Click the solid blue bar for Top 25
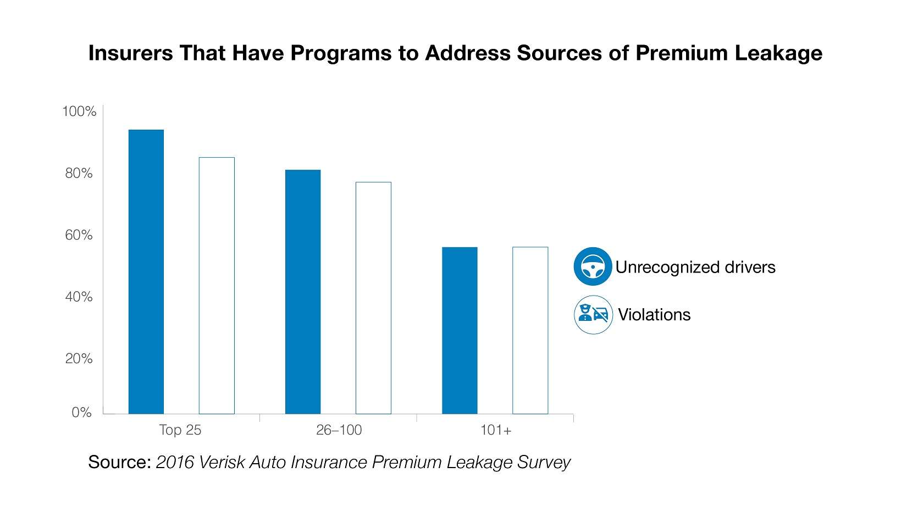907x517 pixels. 146,271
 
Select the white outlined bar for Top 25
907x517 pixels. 217,286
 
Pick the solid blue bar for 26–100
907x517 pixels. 303,292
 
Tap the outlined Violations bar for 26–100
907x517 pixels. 373,298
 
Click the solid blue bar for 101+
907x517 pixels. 460,330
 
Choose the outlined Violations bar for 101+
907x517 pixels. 530,330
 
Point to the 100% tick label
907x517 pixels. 79,112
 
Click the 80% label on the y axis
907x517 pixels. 79,174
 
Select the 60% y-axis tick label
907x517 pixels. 79,235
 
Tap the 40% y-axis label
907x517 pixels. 79,297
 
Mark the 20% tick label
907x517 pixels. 79,359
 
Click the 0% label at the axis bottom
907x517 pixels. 81,413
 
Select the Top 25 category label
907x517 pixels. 180,430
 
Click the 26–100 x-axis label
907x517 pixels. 339,430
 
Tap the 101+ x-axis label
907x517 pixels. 496,430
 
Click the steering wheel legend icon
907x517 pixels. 593,266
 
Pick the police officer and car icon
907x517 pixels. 593,315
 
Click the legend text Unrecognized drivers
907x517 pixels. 695,268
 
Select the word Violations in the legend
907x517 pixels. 654,315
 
